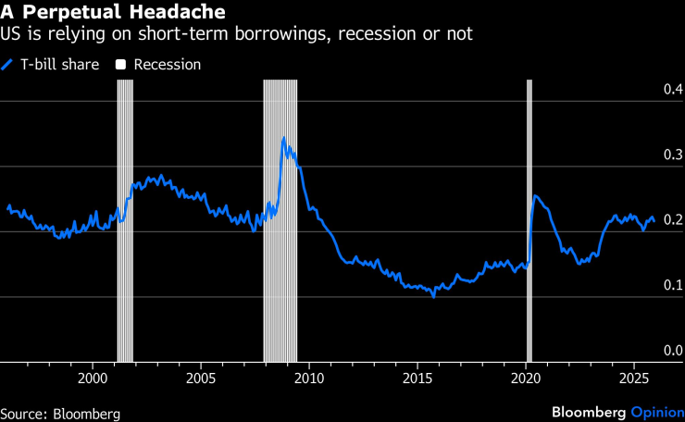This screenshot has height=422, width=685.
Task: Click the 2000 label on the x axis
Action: coord(93,379)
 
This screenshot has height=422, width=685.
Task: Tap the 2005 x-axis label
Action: coord(201,379)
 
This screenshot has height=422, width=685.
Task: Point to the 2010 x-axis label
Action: coord(309,379)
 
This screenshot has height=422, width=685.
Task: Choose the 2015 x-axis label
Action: coord(417,379)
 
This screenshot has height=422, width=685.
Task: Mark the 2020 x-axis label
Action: coord(526,379)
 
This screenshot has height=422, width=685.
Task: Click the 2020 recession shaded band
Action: coord(529,222)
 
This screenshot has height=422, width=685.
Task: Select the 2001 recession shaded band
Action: coord(125,222)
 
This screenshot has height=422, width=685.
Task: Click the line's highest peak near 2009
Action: coord(283,139)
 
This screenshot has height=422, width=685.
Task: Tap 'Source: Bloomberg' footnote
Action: coord(60,413)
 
